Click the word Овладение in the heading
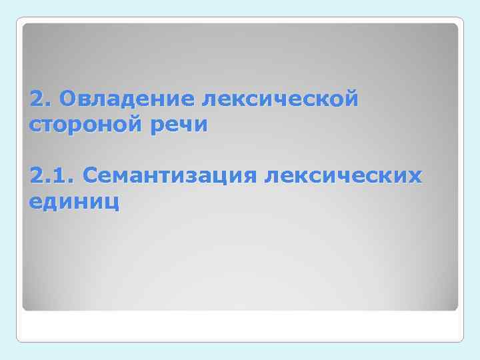point(127,100)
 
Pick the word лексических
point(343,176)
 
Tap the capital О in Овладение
point(67,100)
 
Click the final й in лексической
point(352,99)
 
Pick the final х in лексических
point(415,177)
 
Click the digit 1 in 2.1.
point(61,176)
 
